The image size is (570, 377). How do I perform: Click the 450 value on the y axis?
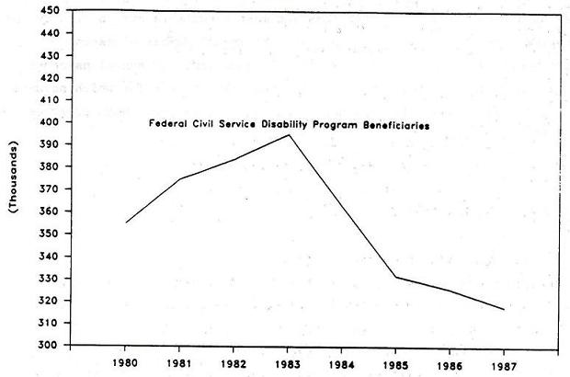point(51,11)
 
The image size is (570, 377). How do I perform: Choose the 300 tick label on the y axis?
point(51,346)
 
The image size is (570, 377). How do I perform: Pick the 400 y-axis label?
point(51,122)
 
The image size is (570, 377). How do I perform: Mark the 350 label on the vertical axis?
point(51,234)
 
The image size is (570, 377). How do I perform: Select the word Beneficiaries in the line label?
point(401,125)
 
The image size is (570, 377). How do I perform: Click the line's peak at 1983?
point(289,135)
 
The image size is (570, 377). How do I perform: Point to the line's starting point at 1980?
point(126,223)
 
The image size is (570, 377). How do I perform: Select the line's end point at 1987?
point(504,310)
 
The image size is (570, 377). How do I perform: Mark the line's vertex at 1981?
point(180,178)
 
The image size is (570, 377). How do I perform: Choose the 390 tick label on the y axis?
point(51,145)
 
